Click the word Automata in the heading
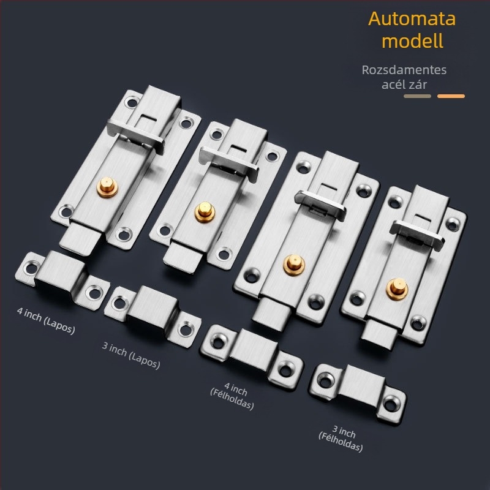[412, 19]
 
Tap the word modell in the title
[412, 40]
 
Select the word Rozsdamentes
[404, 70]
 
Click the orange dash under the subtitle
[451, 96]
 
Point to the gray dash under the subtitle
[417, 96]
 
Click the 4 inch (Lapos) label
[47, 320]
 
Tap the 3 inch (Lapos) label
[131, 355]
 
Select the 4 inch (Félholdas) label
[233, 396]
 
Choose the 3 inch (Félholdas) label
[341, 439]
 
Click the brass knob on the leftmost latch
[107, 187]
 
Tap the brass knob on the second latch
[205, 211]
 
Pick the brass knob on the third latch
[294, 265]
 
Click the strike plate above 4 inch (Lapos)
[62, 279]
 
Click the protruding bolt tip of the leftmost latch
[80, 239]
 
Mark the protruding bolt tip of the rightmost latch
[379, 335]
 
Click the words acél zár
[404, 85]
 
